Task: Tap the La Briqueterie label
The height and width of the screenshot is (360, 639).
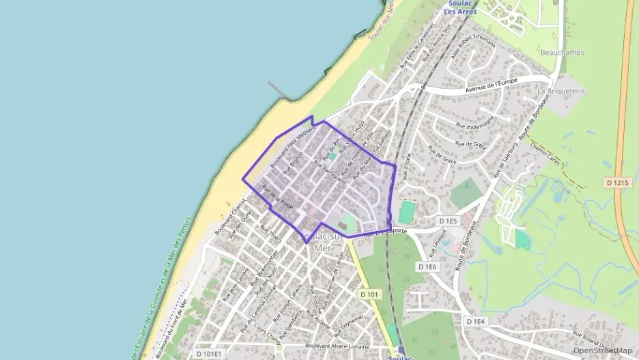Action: tap(563, 91)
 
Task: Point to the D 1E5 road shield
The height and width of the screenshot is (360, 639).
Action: tap(447, 221)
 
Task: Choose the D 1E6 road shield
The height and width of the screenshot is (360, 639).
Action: tap(427, 266)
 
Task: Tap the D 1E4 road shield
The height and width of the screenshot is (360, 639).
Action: tap(477, 321)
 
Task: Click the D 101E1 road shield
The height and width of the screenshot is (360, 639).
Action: tap(209, 354)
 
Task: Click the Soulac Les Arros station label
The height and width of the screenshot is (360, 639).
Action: tap(460, 8)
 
